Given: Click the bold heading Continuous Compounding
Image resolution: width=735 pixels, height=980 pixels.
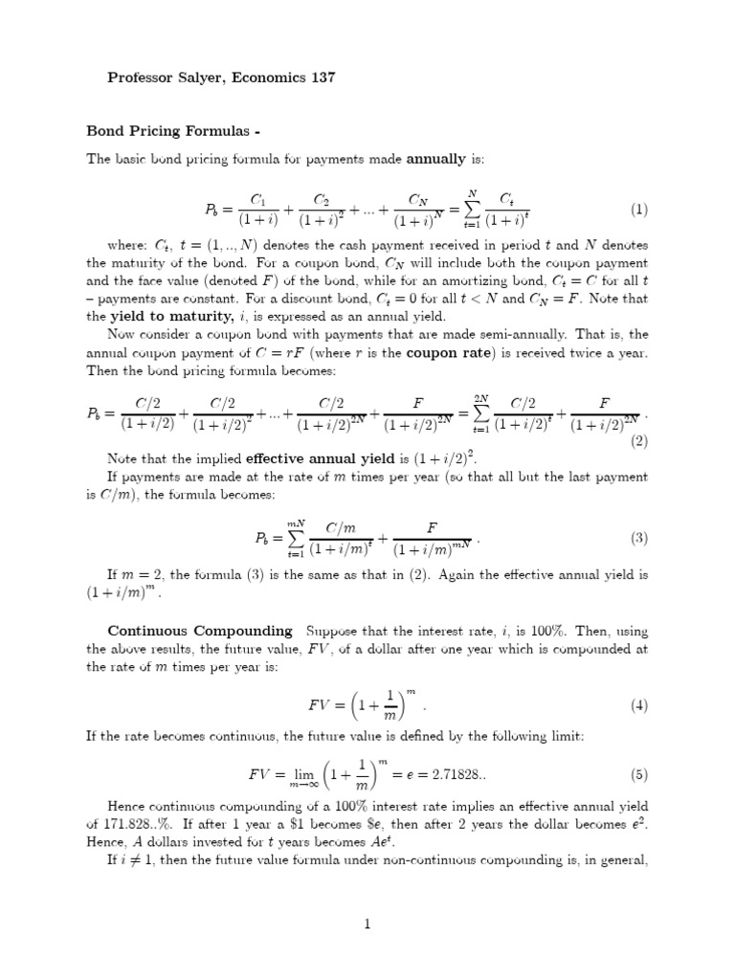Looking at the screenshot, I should [x=200, y=631].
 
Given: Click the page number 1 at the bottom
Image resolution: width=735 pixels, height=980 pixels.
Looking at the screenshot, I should [x=367, y=924].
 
